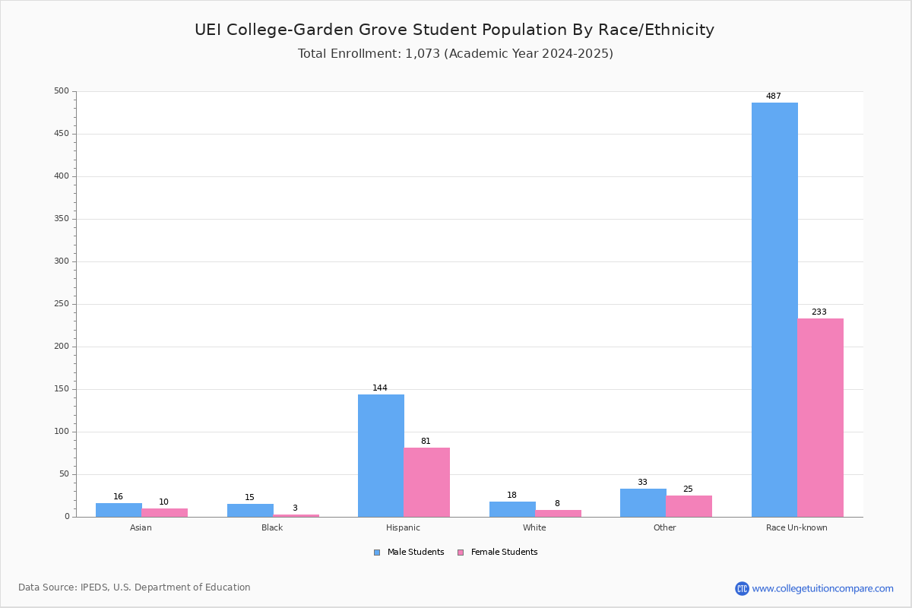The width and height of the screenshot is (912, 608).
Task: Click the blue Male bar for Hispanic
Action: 381,456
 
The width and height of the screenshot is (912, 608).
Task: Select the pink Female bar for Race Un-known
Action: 820,418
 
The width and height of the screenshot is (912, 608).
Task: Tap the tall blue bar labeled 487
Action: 774,310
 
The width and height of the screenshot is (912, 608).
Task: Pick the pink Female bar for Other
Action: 689,506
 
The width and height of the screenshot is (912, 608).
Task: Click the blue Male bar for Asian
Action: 119,510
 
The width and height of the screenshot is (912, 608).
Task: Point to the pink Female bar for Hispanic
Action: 426,483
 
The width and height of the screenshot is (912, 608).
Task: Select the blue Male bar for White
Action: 512,509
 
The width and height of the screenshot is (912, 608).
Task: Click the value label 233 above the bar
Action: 819,312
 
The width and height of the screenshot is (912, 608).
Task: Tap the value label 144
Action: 380,388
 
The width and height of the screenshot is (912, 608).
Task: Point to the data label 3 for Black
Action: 295,508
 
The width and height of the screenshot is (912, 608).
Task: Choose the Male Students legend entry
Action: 409,553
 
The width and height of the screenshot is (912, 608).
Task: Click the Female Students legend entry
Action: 498,553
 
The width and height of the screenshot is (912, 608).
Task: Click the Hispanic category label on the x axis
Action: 403,527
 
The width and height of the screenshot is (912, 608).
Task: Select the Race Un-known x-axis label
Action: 796,527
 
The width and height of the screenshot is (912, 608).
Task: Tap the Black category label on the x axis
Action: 272,527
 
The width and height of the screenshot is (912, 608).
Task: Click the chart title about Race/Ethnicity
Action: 454,30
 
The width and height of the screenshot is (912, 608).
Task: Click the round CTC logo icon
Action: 742,588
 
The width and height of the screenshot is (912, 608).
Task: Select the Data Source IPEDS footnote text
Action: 135,587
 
